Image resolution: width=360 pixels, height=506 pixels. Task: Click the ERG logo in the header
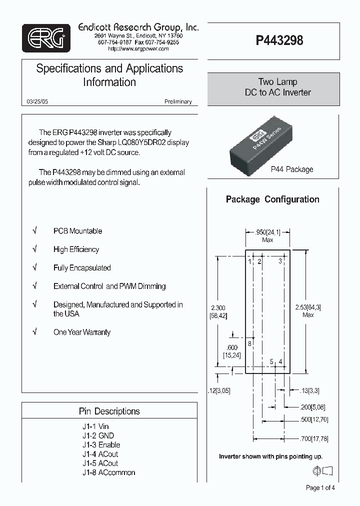pos(46,38)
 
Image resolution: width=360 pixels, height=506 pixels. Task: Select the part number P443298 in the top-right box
pos(279,40)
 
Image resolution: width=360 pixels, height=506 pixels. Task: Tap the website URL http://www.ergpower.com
pos(138,49)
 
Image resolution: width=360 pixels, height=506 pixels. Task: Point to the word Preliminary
pos(178,101)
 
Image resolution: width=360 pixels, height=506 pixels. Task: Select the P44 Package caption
pos(291,169)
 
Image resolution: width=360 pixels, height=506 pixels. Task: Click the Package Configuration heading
pos(272,199)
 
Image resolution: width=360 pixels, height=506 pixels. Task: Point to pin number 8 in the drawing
pos(249,343)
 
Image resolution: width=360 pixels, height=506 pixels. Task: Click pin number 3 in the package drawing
pos(280,261)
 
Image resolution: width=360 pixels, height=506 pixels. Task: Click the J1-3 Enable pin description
pos(101,444)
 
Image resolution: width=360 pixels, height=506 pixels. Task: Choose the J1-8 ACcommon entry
pos(108,472)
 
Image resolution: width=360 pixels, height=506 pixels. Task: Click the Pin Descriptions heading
pos(109,411)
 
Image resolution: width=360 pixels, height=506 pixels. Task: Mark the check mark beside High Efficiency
pos(35,249)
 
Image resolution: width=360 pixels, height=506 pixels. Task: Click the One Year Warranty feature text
pos(82,332)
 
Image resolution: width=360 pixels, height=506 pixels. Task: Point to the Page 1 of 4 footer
pos(320,488)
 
